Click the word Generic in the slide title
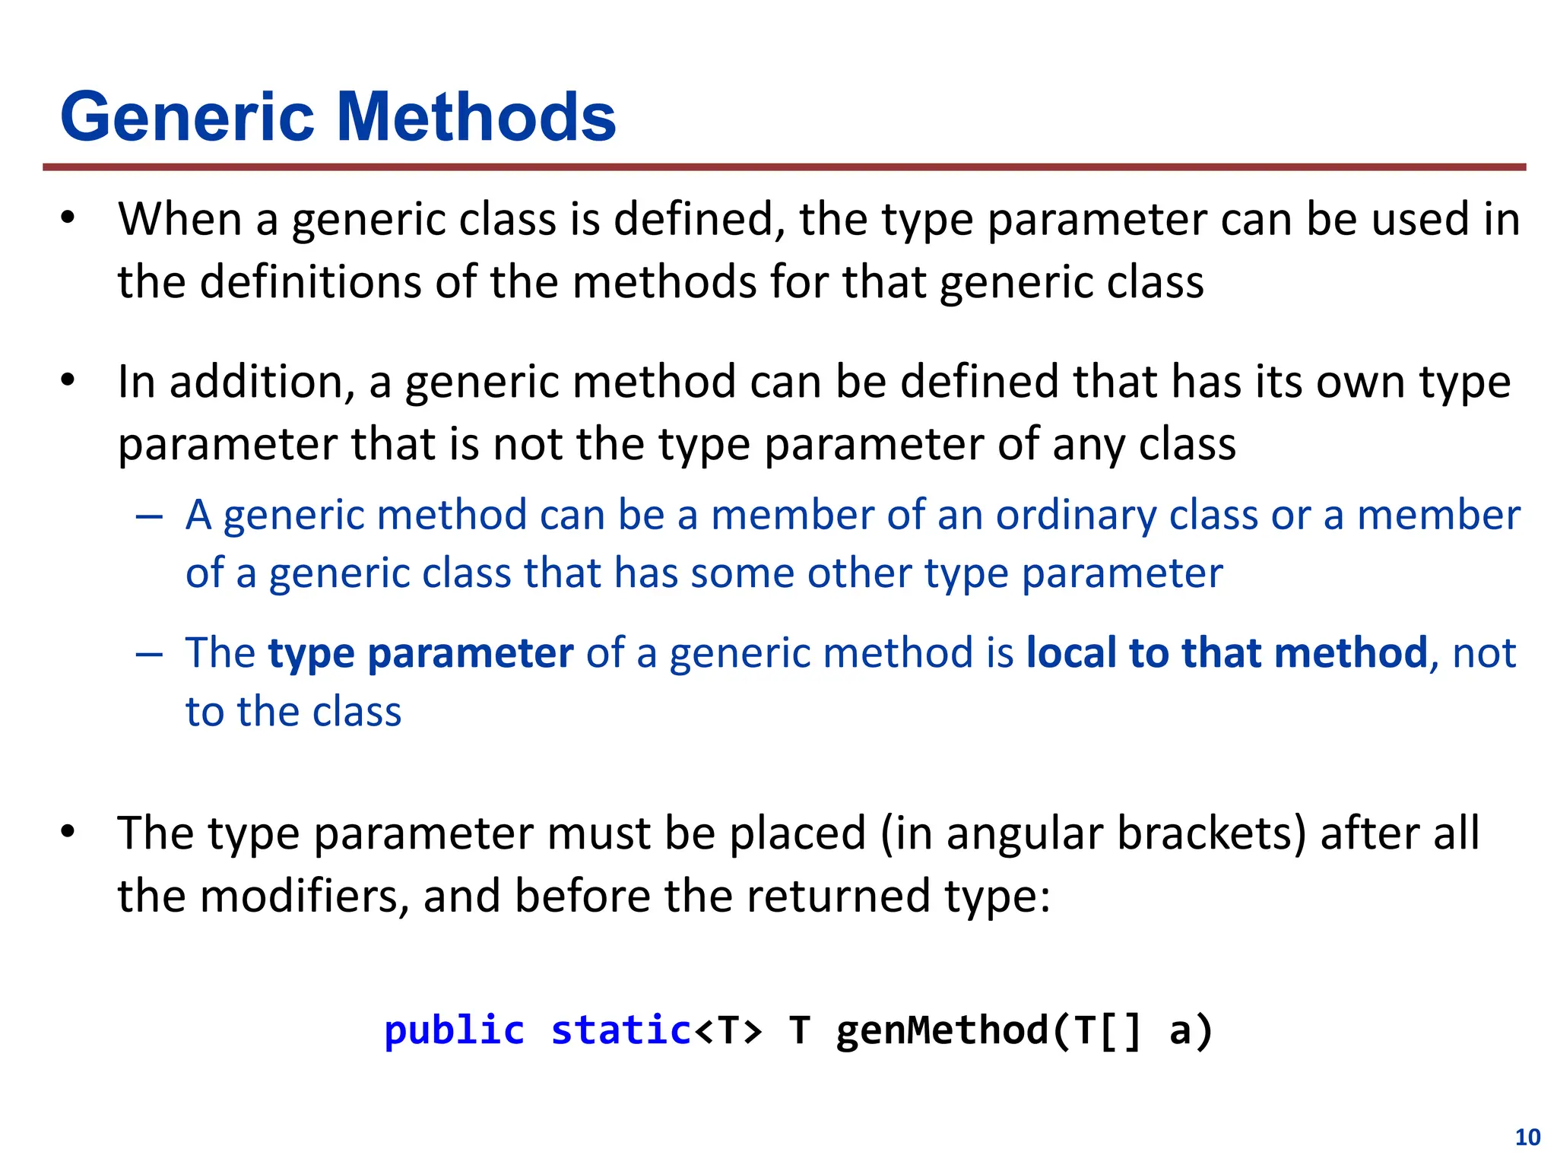(x=187, y=118)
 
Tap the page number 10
(x=1527, y=1137)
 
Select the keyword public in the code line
(x=454, y=1031)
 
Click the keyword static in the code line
(x=620, y=1031)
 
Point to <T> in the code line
(x=728, y=1031)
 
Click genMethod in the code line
(x=942, y=1031)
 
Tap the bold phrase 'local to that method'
(x=1226, y=652)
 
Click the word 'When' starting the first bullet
(x=180, y=220)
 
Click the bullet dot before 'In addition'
(x=68, y=380)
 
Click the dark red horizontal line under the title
(x=783, y=167)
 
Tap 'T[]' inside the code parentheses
(x=1108, y=1031)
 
